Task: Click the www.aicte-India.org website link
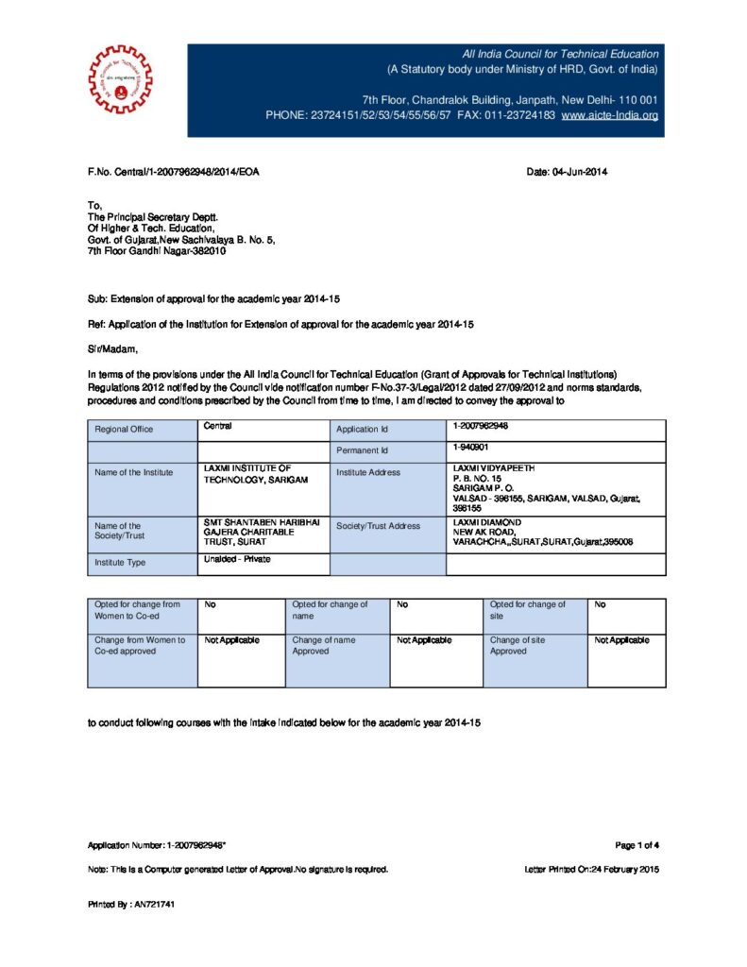point(609,115)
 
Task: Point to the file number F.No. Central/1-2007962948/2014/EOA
point(173,172)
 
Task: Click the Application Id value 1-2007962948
point(486,427)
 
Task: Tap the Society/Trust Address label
point(378,526)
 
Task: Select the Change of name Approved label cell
point(324,646)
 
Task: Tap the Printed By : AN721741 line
point(131,904)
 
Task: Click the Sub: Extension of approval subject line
point(213,298)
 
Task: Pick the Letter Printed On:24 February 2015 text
point(591,869)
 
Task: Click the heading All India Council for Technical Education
point(560,54)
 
